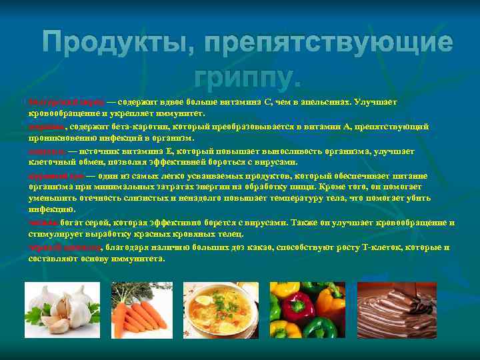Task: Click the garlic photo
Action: (58, 309)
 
